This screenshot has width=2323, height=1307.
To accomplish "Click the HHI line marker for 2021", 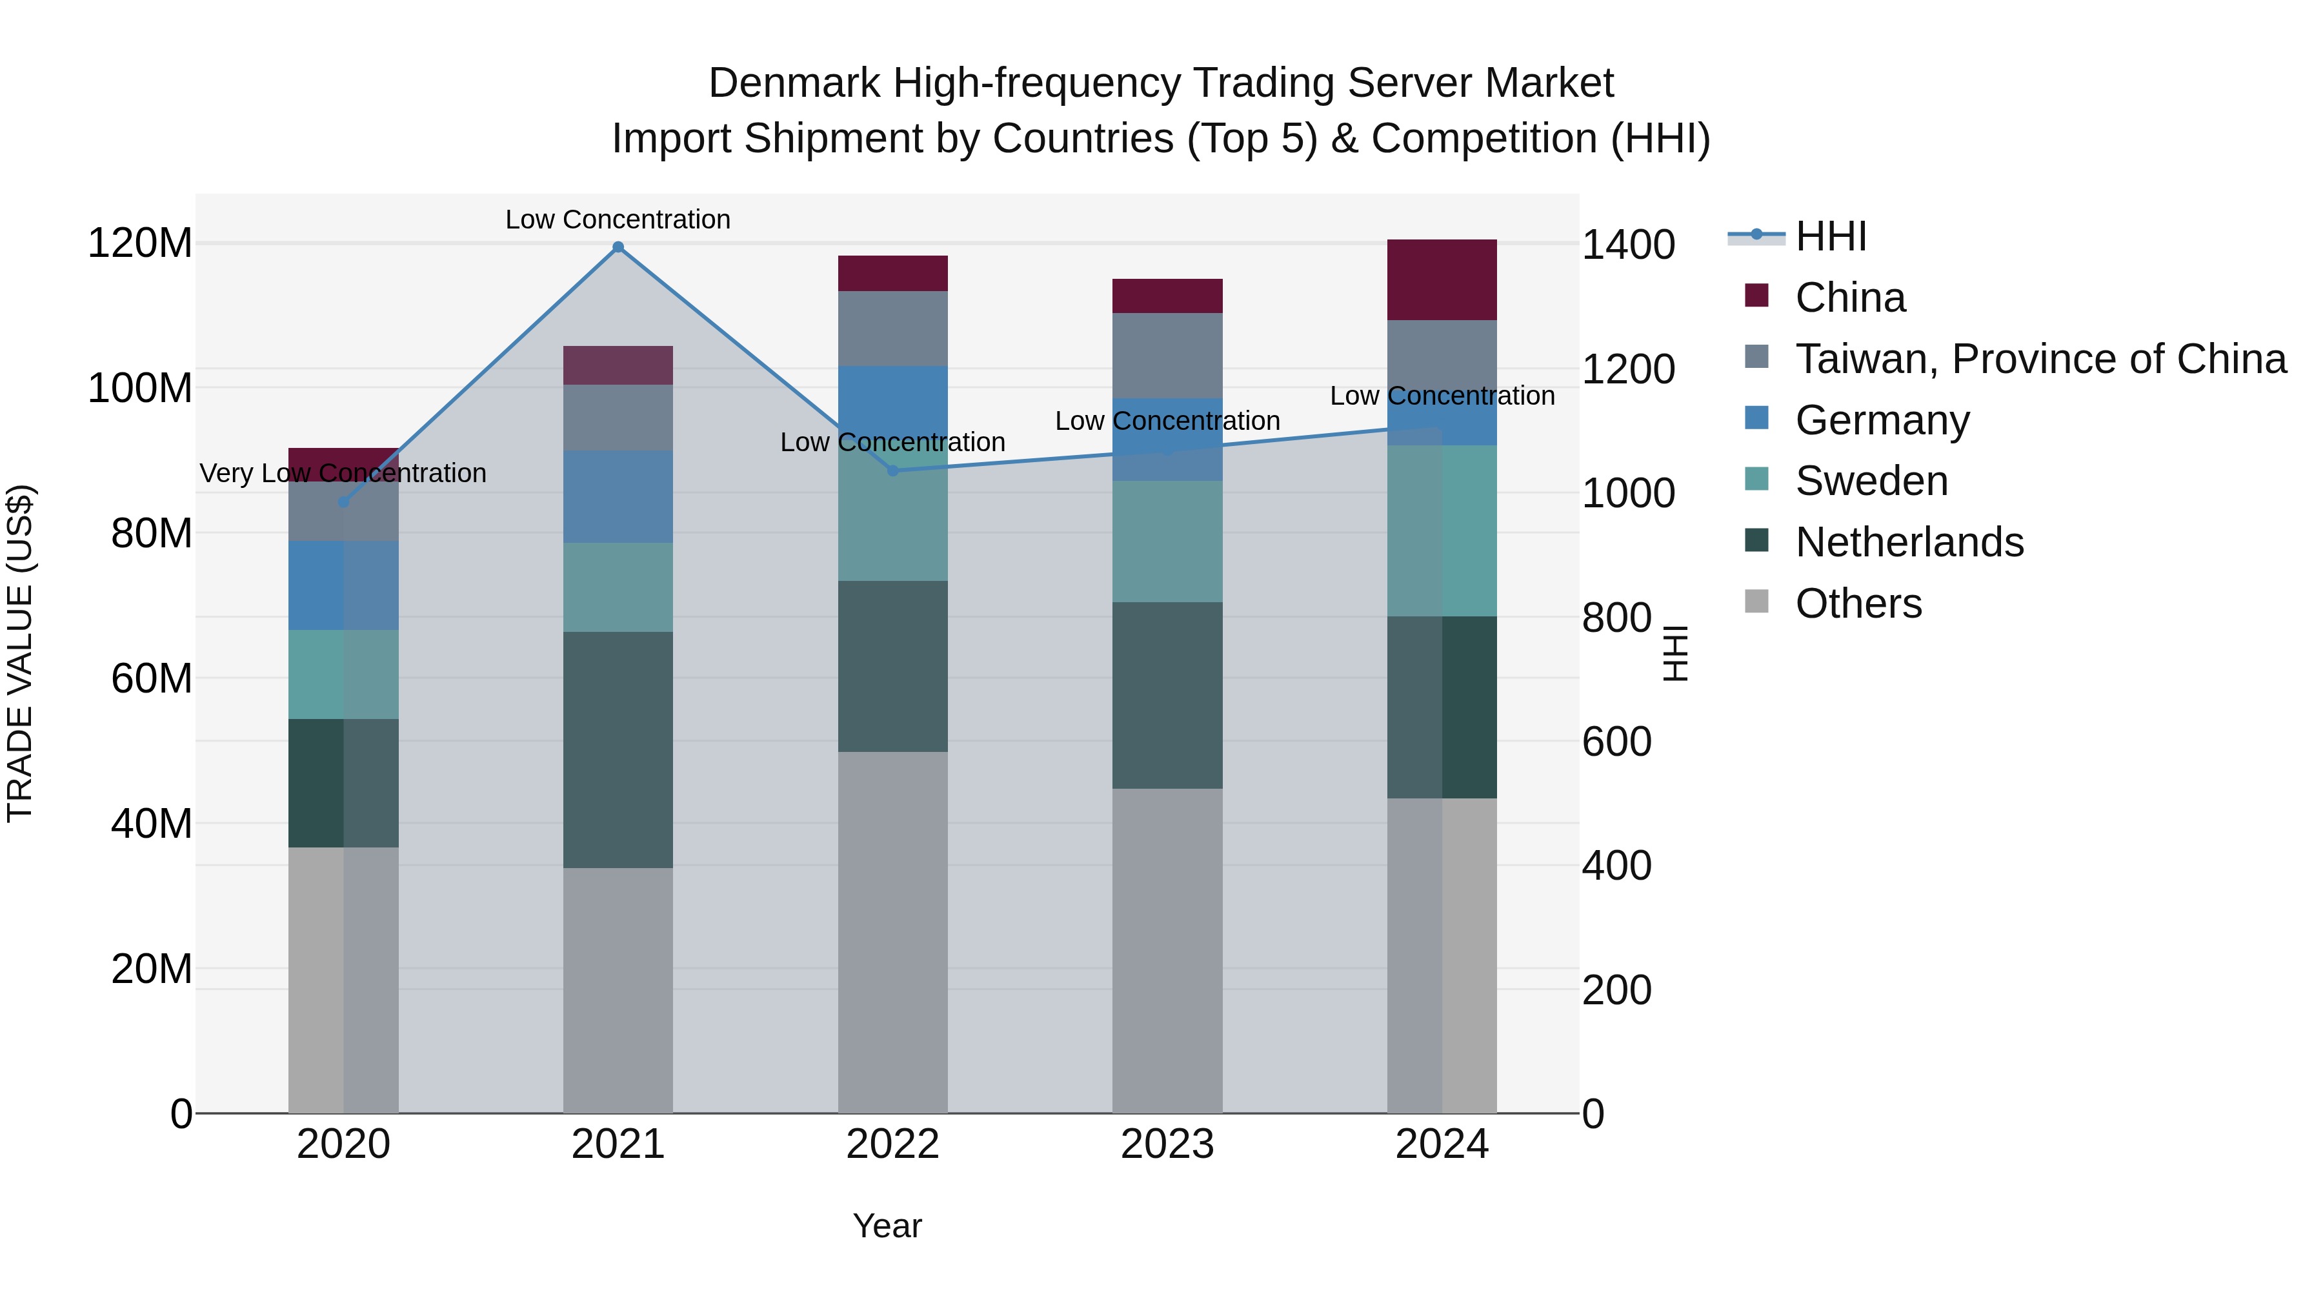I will pos(618,247).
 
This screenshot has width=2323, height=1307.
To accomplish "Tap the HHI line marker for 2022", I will pos(893,470).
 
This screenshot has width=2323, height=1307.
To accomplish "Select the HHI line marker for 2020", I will pos(343,502).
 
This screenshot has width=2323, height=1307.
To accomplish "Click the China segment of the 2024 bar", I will pos(1441,279).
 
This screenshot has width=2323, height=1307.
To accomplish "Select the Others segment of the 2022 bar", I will pos(893,932).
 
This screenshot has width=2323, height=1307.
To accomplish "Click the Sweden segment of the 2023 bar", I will pos(1167,542).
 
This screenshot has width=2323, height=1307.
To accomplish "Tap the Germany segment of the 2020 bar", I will pos(343,585).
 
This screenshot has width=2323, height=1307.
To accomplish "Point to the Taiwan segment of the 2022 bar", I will pos(893,329).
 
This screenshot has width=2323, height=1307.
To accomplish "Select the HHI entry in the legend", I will pos(1830,236).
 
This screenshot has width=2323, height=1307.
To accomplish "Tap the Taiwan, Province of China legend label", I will pos(2040,359).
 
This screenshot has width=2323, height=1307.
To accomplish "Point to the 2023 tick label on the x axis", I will pos(1167,1144).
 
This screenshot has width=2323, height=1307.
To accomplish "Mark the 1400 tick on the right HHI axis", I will pos(1628,245).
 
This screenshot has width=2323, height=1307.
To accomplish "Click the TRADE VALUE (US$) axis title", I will pos(20,653).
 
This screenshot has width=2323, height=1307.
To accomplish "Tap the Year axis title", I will pos(887,1226).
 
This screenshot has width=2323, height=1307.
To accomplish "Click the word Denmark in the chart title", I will pos(794,83).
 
